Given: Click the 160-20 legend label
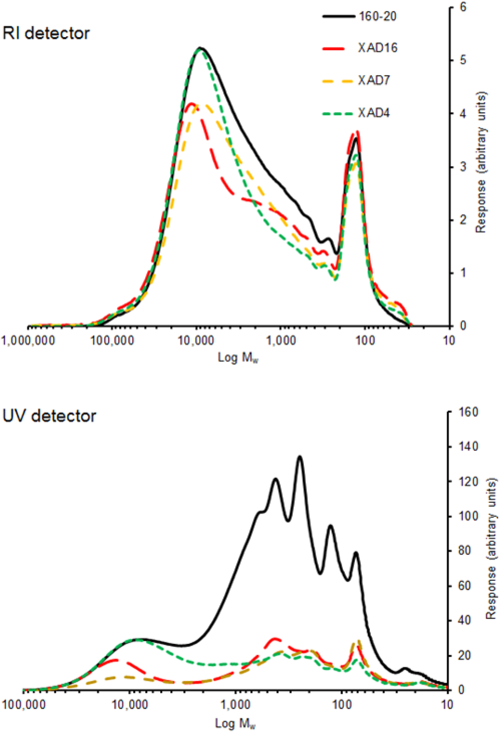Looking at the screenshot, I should coord(377,17).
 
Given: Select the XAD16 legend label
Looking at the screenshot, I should coord(377,48).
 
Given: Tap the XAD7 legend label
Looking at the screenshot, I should coord(373,80).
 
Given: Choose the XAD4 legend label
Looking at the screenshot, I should coord(373,113).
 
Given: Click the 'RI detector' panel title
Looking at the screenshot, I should coord(46,33).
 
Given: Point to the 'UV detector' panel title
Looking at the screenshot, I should coord(49,416).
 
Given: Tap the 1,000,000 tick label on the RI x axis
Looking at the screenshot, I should coord(28,341).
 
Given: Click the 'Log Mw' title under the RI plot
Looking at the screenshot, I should coord(238,357).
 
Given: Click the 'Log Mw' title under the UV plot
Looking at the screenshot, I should coord(235,723).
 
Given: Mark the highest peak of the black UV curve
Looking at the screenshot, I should coord(300,457).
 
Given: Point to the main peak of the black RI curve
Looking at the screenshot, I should coord(200,48).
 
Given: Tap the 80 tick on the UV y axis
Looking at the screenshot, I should coord(465,551).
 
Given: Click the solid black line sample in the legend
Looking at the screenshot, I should coord(338,17).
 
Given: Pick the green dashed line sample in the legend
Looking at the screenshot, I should coord(337,113).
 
